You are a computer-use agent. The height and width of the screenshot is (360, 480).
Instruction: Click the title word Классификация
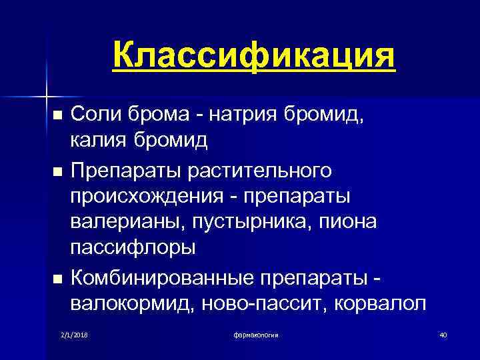click(253, 55)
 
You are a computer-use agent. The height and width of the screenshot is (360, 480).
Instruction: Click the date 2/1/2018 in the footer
click(74, 334)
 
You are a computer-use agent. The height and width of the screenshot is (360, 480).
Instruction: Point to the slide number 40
click(443, 334)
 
